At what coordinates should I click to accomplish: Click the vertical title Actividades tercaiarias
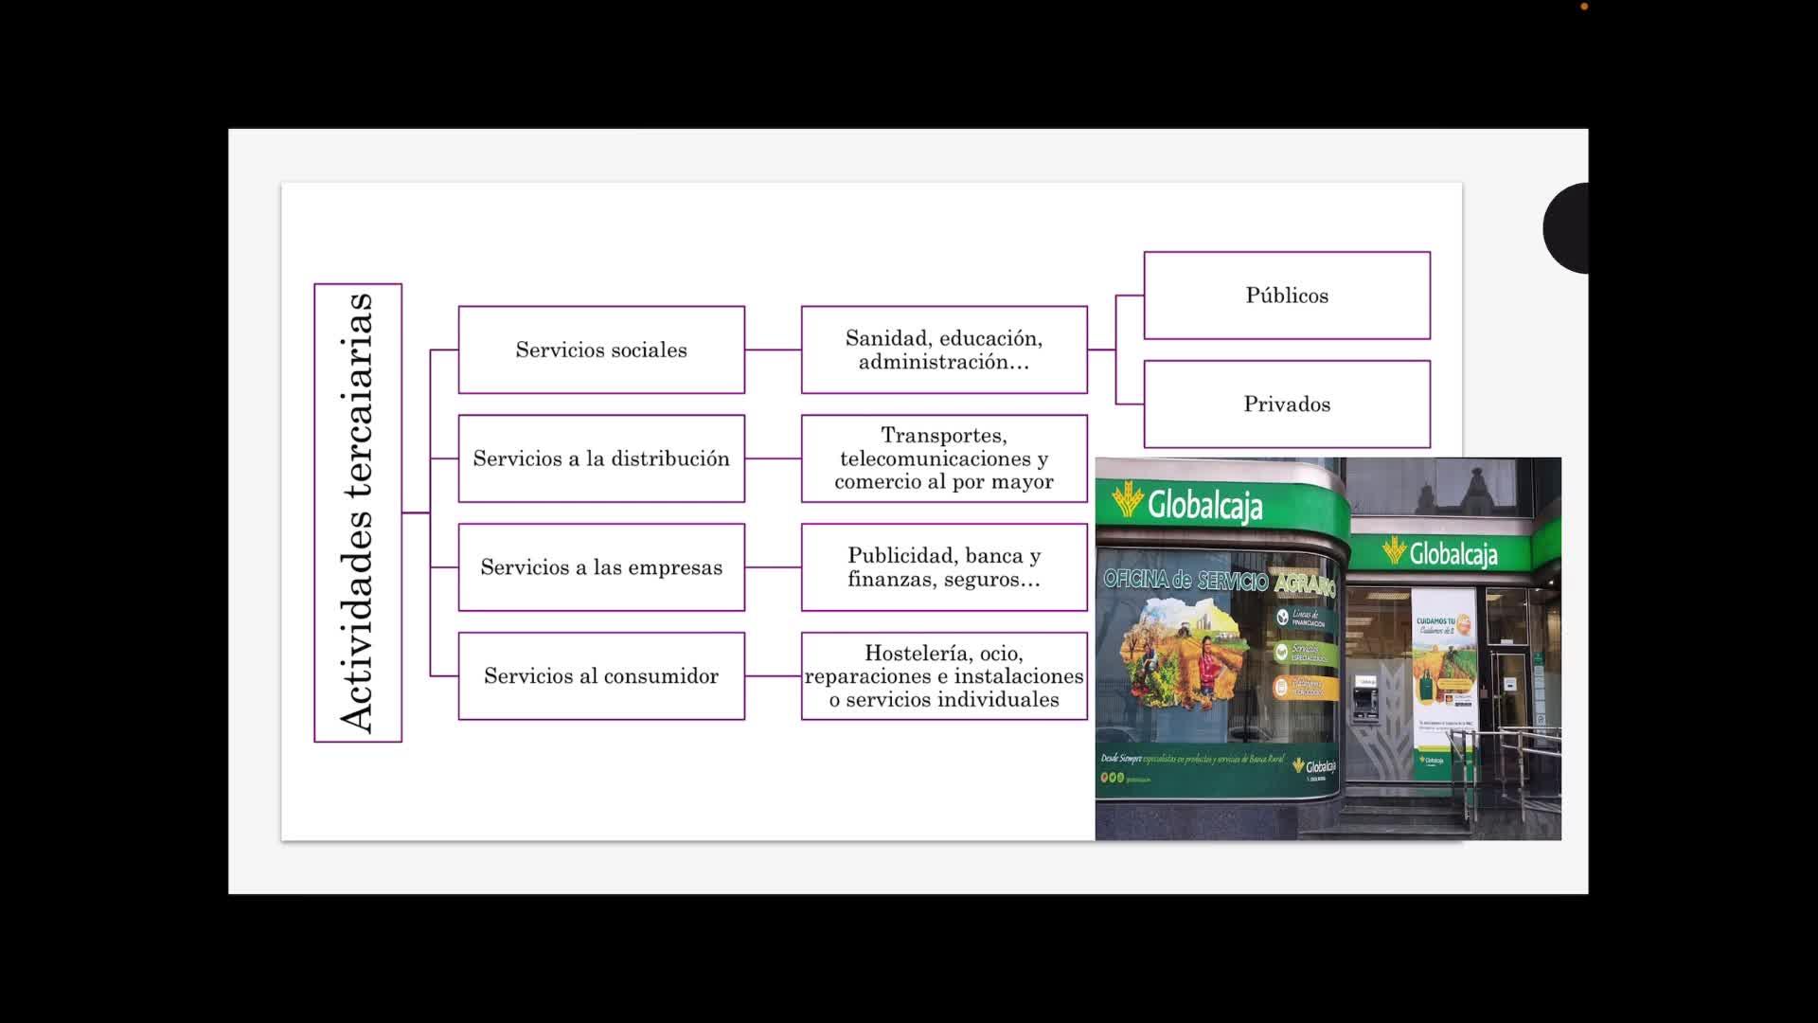pos(358,512)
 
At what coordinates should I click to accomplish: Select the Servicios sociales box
pos(601,350)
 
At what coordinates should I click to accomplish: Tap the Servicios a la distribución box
pos(601,458)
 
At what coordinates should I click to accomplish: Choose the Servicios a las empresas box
pos(601,567)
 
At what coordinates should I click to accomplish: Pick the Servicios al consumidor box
pos(601,675)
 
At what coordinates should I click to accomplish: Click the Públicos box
pos(1287,296)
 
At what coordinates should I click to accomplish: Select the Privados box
pos(1287,404)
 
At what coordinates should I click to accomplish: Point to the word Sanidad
pos(886,338)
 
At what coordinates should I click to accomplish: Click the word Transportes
pos(943,436)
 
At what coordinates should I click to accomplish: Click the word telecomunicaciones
pos(935,458)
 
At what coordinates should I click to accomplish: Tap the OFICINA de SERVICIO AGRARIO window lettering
pos(1219,580)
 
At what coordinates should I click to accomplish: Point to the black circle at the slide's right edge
pos(1567,228)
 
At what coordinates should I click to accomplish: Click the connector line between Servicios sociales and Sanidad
pos(773,350)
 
